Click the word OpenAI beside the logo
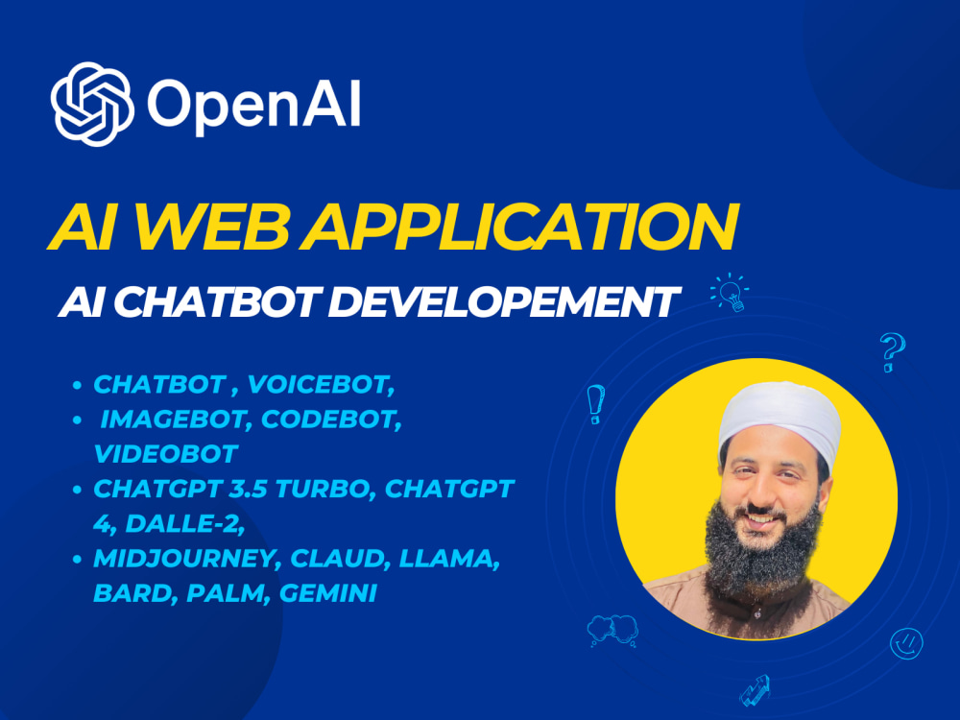[253, 104]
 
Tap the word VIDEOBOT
[164, 452]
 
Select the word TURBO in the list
[323, 488]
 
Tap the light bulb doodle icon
[729, 291]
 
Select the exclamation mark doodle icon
[595, 404]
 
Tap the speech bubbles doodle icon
[613, 629]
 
